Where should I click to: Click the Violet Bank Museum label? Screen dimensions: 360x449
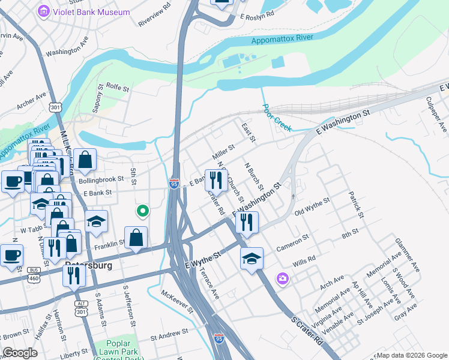91,12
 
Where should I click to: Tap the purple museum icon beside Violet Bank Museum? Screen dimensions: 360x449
43,11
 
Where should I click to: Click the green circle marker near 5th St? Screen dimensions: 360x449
142,211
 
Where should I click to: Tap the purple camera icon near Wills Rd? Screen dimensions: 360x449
282,278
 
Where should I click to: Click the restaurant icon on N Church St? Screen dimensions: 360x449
215,179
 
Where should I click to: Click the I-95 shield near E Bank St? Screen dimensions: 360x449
174,183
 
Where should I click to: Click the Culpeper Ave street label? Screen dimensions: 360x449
436,114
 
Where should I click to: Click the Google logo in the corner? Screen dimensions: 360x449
20,353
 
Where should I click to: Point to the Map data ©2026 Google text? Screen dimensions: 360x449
411,355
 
